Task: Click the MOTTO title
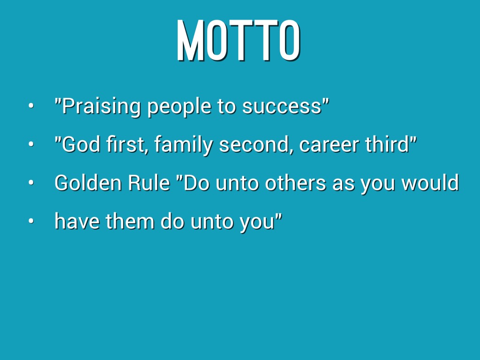[x=239, y=40]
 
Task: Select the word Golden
[x=88, y=183]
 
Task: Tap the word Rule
[x=149, y=183]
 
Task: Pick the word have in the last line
[x=77, y=221]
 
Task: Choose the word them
[x=130, y=221]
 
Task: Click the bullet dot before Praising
[x=30, y=106]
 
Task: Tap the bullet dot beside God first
[x=30, y=144]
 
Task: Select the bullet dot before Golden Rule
[x=30, y=182]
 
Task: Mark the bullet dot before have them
[x=30, y=221]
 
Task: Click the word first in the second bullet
[x=127, y=145]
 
